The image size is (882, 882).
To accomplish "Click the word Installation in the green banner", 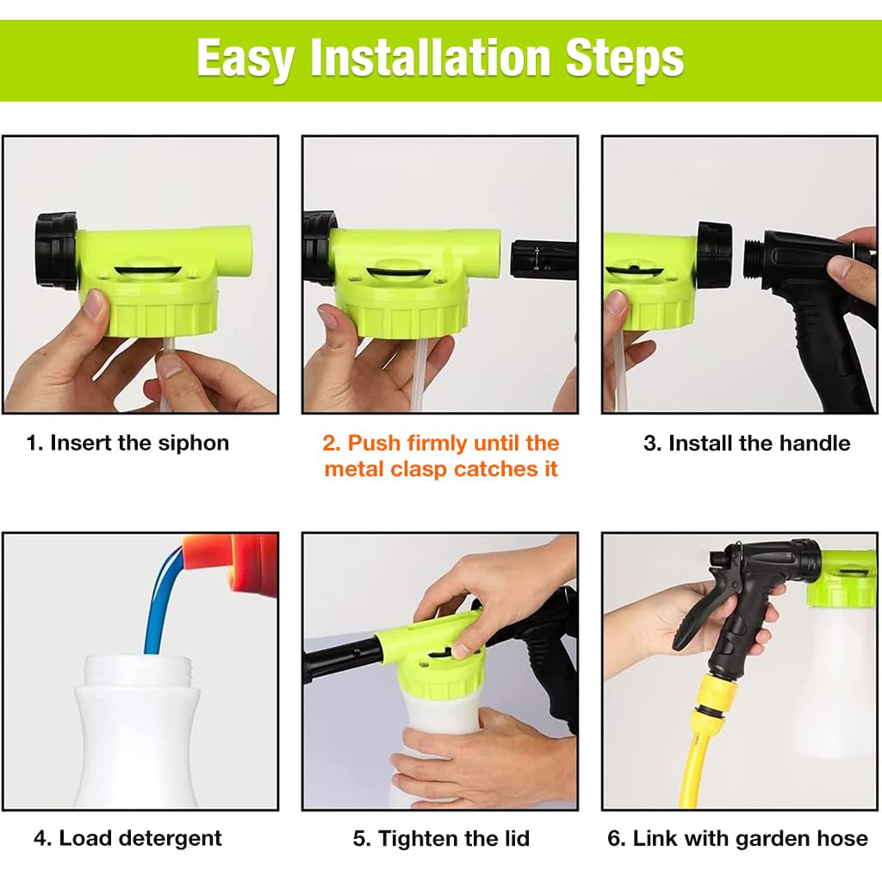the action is tap(431, 58).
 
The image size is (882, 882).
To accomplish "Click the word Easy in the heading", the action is tap(245, 59).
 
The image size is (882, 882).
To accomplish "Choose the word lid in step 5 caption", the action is tap(517, 838).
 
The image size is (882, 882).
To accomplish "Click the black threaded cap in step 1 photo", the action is tap(56, 251).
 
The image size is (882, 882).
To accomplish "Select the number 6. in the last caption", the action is tap(617, 838).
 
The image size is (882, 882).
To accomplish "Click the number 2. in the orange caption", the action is tap(332, 444).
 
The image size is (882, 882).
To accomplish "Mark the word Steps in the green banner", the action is tap(624, 59).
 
